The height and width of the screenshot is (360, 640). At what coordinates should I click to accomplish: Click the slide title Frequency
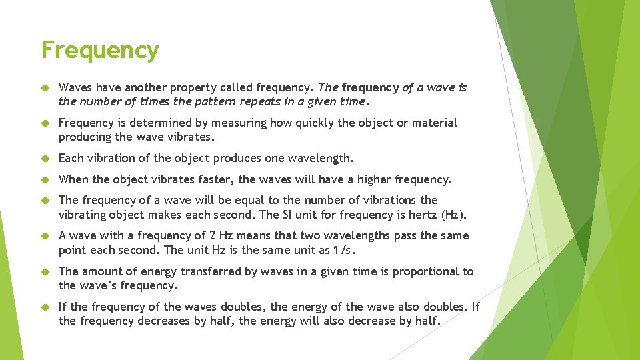(100, 50)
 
